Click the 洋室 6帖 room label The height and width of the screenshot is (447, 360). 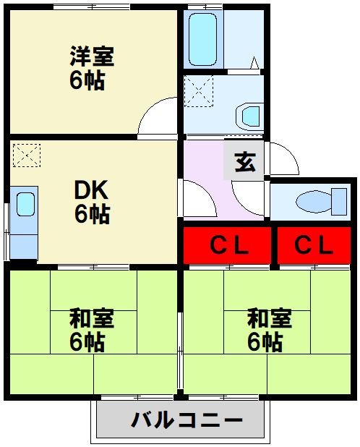coord(92,68)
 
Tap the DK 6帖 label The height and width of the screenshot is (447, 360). coord(92,202)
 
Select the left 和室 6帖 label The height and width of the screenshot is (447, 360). coord(92,330)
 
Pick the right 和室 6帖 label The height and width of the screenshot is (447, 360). coord(270,330)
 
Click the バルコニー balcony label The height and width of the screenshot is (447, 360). coord(187,420)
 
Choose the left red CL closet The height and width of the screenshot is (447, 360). coord(227,245)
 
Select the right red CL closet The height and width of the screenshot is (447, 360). coord(314,245)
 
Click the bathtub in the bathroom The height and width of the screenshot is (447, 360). coord(203,40)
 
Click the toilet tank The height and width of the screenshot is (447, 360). coord(338,202)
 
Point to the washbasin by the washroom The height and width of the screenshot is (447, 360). coord(249,116)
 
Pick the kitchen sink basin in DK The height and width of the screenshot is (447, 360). coord(25,204)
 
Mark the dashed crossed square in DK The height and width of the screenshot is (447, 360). coord(27,156)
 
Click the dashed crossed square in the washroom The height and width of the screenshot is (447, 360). coord(199,91)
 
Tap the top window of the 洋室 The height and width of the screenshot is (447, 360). coord(92,7)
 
